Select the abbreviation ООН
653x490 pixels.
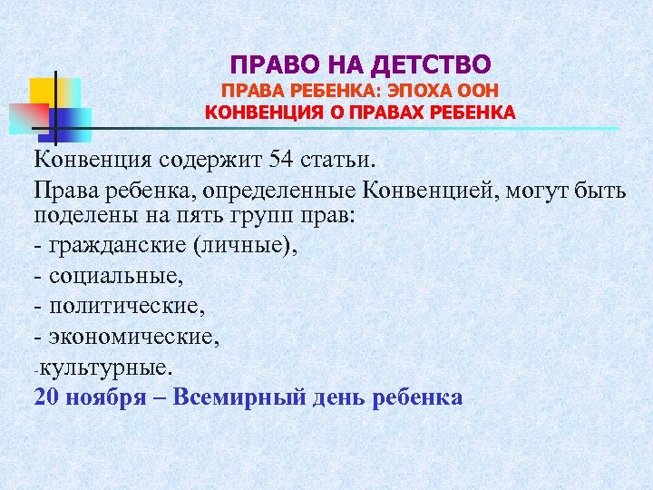coord(480,91)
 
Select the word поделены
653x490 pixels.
coord(83,218)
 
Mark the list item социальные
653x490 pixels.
coord(112,274)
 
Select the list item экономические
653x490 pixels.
coord(131,337)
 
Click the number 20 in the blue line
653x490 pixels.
coord(47,397)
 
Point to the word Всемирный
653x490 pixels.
coord(232,397)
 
